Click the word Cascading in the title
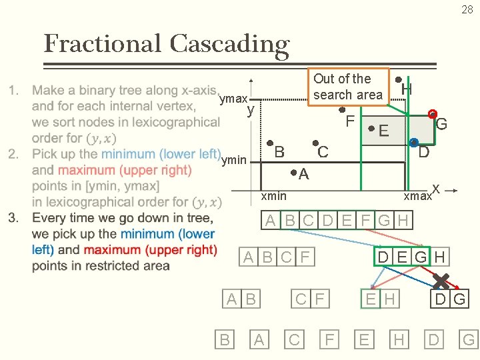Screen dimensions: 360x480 pyautogui.click(x=229, y=44)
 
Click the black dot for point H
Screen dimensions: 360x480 pyautogui.click(x=398, y=79)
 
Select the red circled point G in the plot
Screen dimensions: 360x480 pyautogui.click(x=432, y=113)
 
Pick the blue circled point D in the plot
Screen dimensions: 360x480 pyautogui.click(x=414, y=142)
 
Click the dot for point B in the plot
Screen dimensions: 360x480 pyautogui.click(x=269, y=143)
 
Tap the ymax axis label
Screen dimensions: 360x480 pyautogui.click(x=233, y=99)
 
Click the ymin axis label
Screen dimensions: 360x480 pyautogui.click(x=233, y=160)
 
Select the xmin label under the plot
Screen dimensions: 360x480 pyautogui.click(x=273, y=196)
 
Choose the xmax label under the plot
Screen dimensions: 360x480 pyautogui.click(x=417, y=196)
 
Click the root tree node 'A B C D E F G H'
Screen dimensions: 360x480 pyautogui.click(x=337, y=221)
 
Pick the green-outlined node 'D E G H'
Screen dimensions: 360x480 pyautogui.click(x=411, y=257)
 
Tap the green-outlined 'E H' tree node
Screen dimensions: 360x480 pyautogui.click(x=380, y=299)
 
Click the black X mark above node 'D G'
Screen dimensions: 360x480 pyautogui.click(x=441, y=280)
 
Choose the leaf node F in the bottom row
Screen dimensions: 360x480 pyautogui.click(x=329, y=340)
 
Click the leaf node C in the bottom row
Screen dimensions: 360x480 pyautogui.click(x=293, y=340)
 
